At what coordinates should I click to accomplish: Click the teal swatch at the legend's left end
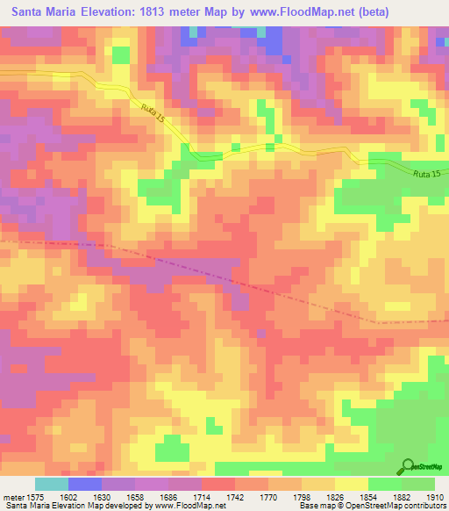pyautogui.click(x=51, y=484)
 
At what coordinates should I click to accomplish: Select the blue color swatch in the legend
pyautogui.click(x=84, y=484)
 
